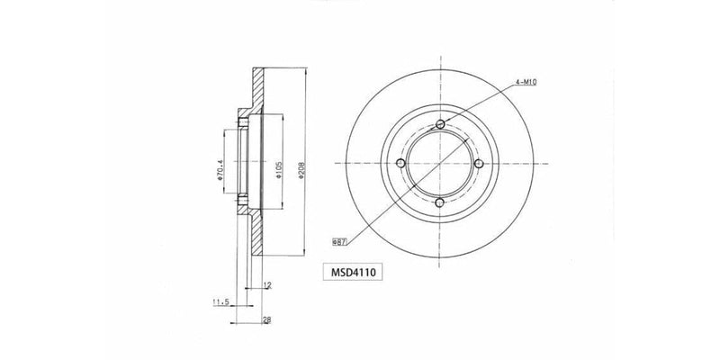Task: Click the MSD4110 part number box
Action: (353, 273)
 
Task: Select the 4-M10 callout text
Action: (526, 82)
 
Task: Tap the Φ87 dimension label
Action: (339, 241)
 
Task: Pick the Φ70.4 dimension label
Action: (220, 170)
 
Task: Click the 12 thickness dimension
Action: (267, 285)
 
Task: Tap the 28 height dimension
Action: (266, 320)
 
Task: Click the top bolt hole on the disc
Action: (440, 124)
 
